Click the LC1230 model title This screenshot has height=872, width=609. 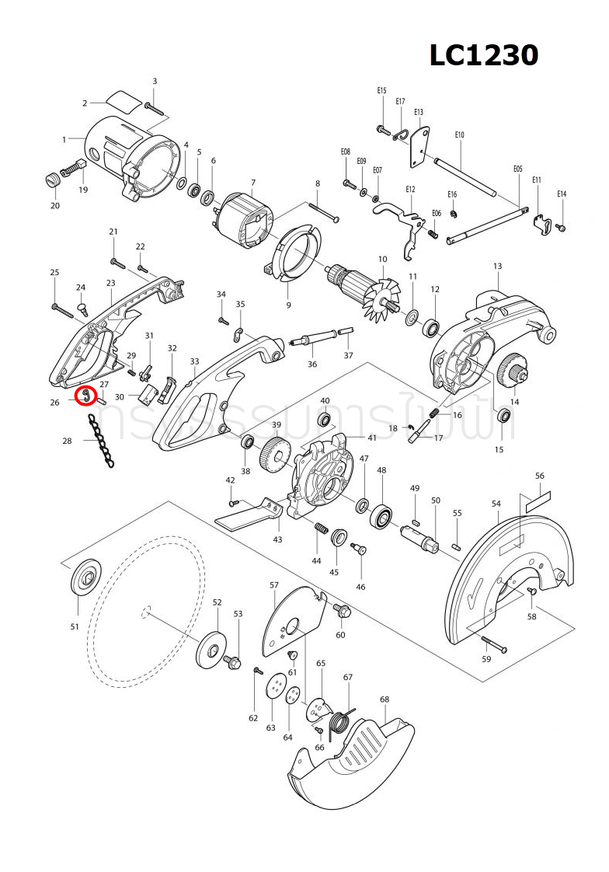click(484, 55)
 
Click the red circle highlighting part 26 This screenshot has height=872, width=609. click(85, 396)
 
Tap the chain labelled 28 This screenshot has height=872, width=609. click(101, 441)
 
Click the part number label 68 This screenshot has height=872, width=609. click(385, 699)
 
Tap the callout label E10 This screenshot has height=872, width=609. click(459, 135)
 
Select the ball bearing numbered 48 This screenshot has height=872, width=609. click(382, 515)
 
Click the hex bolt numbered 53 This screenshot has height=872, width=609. click(233, 662)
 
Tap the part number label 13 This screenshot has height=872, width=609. click(497, 266)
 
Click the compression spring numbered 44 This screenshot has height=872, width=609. click(318, 529)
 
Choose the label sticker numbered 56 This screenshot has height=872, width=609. click(538, 501)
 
